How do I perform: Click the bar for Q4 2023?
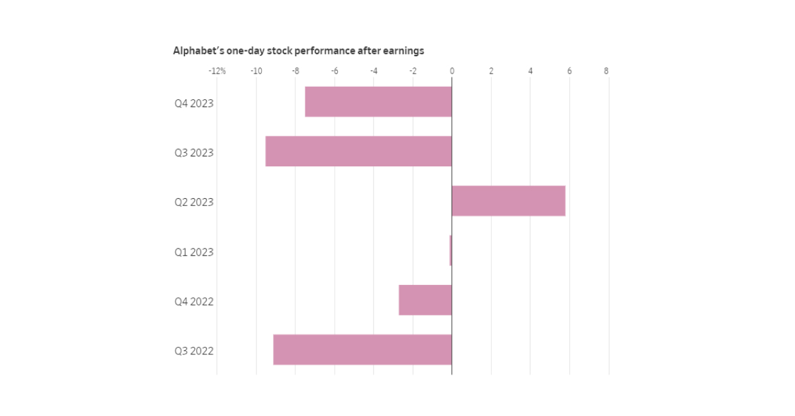click(x=378, y=102)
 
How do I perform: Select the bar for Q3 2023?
click(x=358, y=151)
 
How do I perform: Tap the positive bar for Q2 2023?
click(x=508, y=201)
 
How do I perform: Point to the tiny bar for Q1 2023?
click(x=450, y=250)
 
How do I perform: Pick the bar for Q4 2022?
click(x=425, y=300)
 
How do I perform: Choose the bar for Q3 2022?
click(x=362, y=350)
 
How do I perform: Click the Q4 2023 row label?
click(x=194, y=103)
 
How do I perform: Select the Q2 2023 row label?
click(x=194, y=202)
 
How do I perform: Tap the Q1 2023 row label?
click(x=194, y=252)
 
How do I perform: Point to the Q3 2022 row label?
click(x=194, y=351)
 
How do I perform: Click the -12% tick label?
click(x=217, y=71)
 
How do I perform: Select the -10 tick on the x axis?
click(x=256, y=71)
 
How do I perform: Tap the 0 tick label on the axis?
click(x=452, y=71)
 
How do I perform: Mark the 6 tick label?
click(x=568, y=71)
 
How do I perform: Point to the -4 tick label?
click(x=373, y=71)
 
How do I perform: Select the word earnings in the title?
click(x=403, y=51)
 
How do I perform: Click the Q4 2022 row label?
click(x=194, y=301)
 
